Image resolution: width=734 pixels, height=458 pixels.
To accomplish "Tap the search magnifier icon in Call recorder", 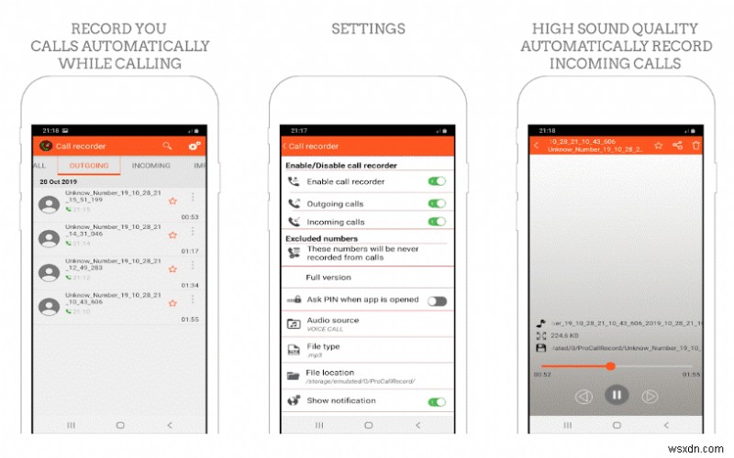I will [x=167, y=145].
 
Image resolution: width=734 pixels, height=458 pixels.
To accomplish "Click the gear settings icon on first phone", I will [x=195, y=145].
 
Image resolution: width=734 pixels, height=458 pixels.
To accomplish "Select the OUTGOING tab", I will [x=89, y=166].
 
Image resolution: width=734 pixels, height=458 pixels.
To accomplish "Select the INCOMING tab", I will [x=151, y=166].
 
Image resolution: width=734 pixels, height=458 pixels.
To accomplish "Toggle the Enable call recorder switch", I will [x=437, y=181].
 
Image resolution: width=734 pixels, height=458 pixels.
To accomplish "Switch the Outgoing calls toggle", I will [x=437, y=202].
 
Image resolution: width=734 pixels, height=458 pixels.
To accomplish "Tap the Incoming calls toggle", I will [x=437, y=222].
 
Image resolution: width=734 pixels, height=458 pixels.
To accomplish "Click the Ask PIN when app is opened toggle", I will [x=437, y=300].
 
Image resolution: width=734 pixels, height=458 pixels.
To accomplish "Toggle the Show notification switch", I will [x=437, y=401].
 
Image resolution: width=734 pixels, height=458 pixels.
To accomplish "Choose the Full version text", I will [x=328, y=277].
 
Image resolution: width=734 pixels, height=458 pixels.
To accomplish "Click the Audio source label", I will [x=332, y=321].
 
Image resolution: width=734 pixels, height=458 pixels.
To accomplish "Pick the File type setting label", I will [x=323, y=346].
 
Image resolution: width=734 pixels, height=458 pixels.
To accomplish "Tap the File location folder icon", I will [x=294, y=375].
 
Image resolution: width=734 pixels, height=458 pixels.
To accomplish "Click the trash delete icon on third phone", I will [x=695, y=145].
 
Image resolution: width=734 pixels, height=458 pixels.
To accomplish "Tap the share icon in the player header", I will [x=677, y=145].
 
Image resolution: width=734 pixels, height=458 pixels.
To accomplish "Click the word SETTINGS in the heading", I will [x=368, y=29].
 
